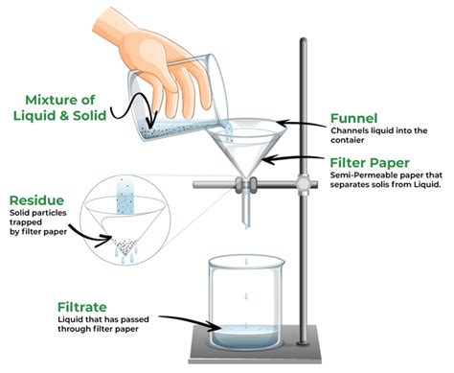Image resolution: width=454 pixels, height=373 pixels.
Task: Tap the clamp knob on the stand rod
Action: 304,180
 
